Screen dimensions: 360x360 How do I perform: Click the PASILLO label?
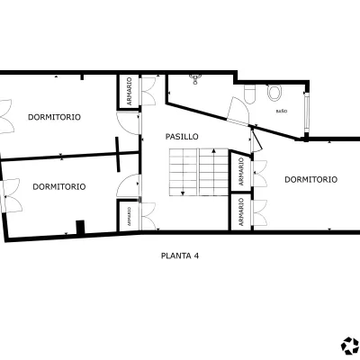click(182, 137)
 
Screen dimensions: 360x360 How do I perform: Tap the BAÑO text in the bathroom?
click(282, 111)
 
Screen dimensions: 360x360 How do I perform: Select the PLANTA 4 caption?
click(180, 256)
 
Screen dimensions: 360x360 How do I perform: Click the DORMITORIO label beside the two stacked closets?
click(310, 179)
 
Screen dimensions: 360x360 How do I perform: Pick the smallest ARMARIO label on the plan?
click(129, 216)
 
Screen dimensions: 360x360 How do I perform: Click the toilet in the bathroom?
click(249, 94)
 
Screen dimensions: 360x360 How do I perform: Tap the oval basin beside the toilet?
click(274, 92)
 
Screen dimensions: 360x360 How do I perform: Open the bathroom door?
click(238, 111)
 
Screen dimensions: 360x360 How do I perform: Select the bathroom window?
click(307, 112)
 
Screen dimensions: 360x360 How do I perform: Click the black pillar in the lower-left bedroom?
click(80, 227)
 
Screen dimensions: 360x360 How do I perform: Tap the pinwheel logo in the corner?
click(350, 346)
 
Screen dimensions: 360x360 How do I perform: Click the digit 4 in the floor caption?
click(196, 256)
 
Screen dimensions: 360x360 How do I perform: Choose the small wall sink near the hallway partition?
click(195, 79)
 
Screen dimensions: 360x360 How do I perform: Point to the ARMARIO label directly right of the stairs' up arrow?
click(241, 171)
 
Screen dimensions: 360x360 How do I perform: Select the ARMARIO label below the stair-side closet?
click(241, 212)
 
